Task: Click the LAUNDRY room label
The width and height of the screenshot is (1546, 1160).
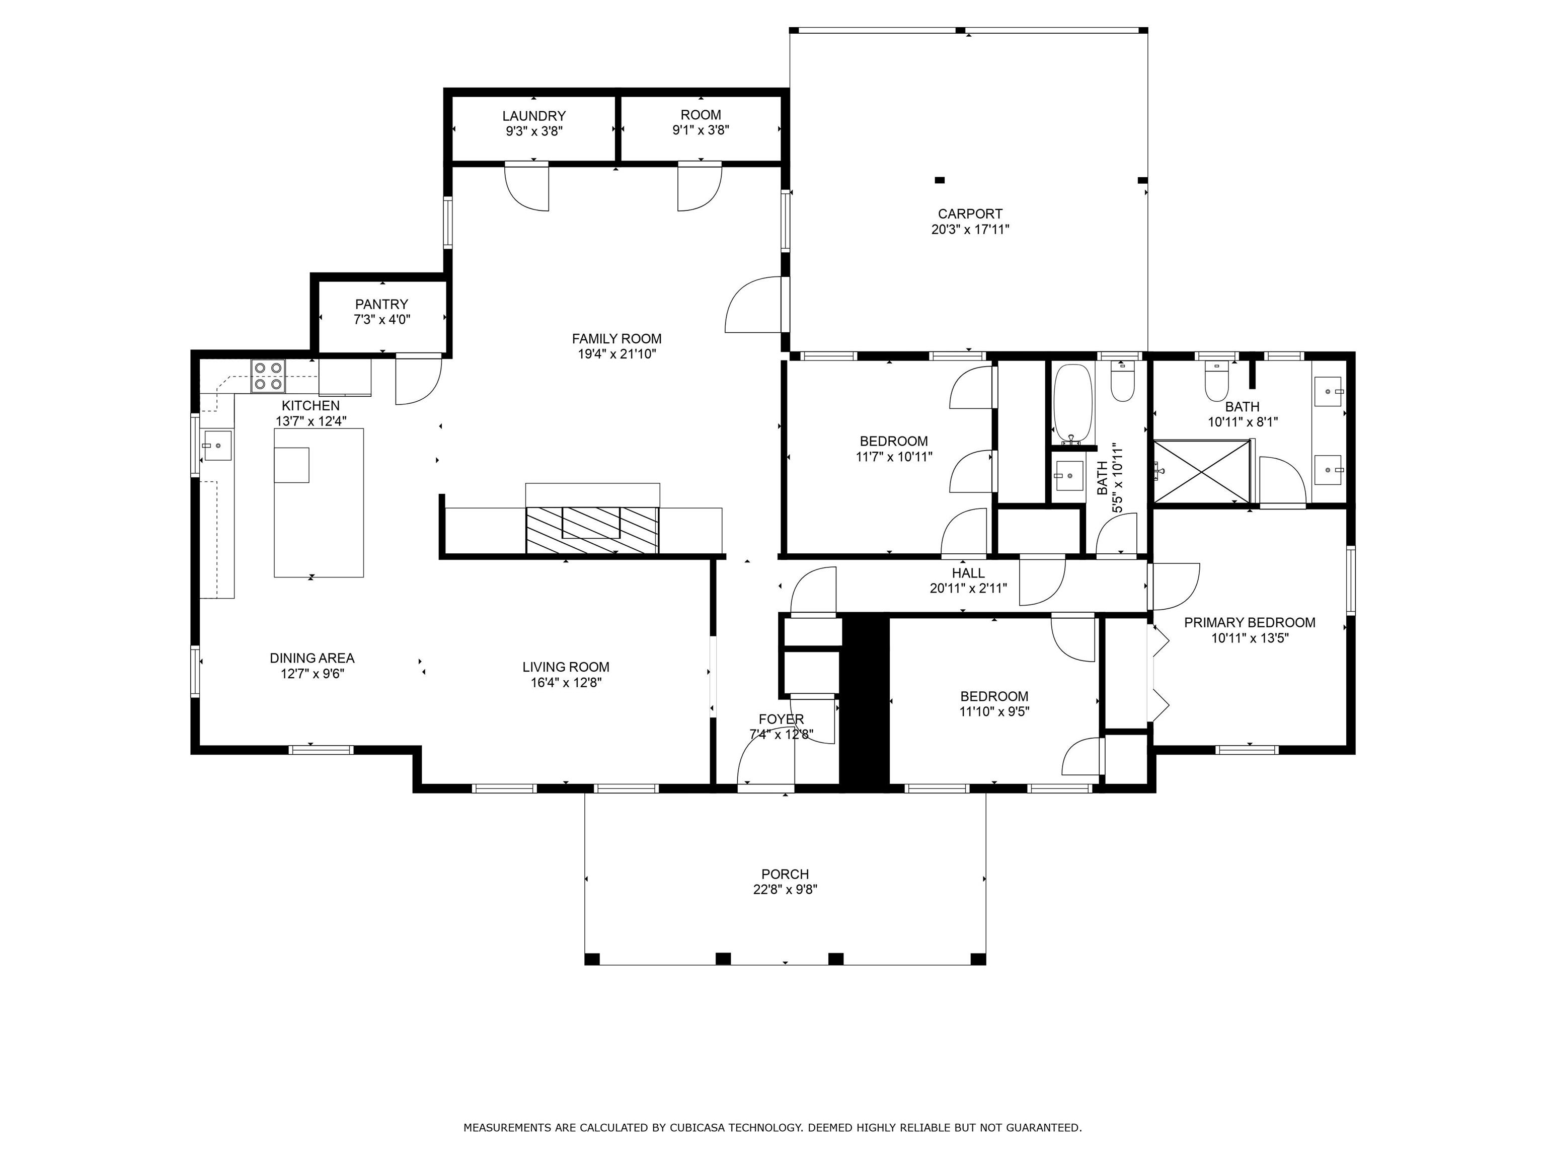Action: (x=534, y=116)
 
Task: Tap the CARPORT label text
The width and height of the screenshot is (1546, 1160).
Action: (x=970, y=214)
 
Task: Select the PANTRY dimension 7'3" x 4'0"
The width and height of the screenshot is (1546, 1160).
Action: (x=381, y=320)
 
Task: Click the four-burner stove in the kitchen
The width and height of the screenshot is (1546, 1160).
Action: (x=268, y=375)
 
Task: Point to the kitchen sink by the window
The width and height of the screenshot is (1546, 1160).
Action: (x=217, y=446)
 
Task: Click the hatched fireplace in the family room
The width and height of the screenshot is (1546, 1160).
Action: (x=592, y=530)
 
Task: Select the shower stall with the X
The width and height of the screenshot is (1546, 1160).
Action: (x=1201, y=471)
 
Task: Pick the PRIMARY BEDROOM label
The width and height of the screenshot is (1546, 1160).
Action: (x=1250, y=622)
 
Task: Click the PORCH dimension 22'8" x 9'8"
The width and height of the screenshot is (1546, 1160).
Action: (x=785, y=890)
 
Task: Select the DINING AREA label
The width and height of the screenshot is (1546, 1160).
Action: (x=312, y=658)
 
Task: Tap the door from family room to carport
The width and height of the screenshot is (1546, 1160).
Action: (x=753, y=305)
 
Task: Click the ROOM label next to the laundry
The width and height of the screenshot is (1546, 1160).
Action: (x=701, y=115)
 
